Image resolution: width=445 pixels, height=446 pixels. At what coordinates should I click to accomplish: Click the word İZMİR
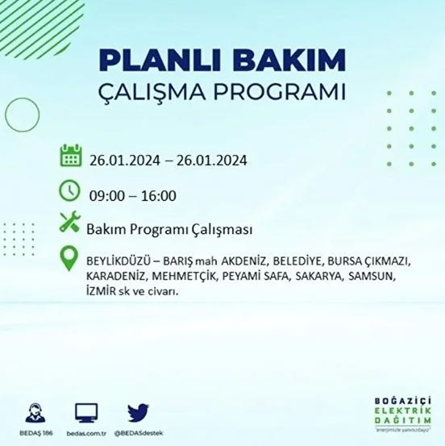[x=101, y=291]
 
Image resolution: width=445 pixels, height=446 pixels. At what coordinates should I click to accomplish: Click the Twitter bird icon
[x=138, y=412]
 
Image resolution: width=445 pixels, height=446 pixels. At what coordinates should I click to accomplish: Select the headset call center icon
[x=36, y=412]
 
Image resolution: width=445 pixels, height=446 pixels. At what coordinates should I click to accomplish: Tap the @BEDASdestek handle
[x=138, y=434]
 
